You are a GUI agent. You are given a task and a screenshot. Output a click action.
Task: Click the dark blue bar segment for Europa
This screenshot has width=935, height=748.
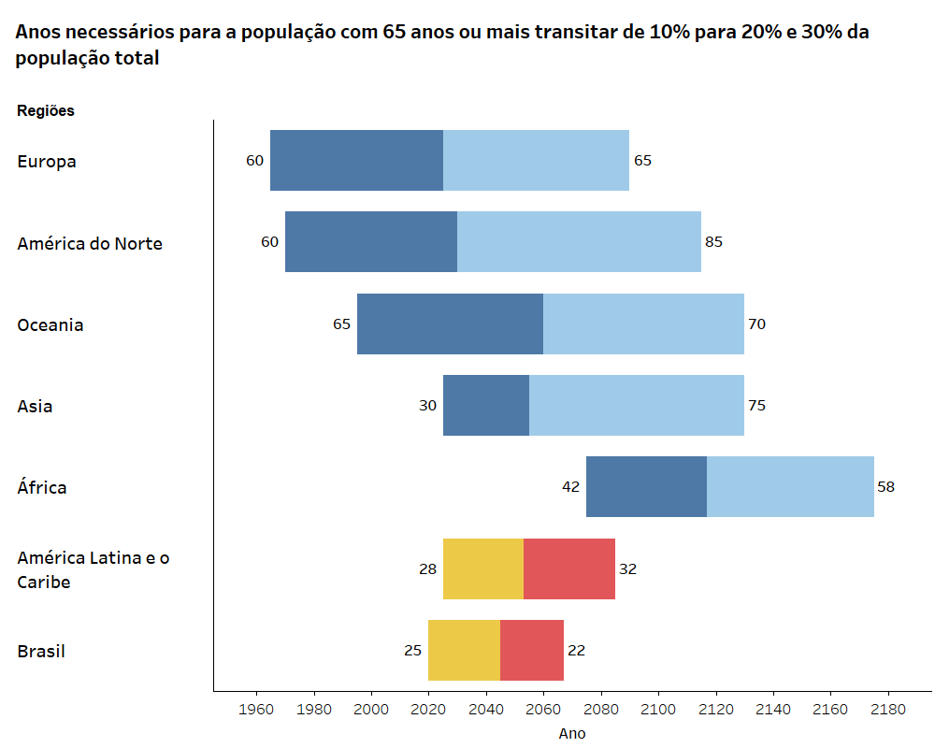coord(356,160)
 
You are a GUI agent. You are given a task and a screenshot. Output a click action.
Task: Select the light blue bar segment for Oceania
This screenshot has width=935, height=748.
coord(643,324)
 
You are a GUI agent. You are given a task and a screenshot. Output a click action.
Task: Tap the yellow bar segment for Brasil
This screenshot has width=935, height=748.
coord(464,650)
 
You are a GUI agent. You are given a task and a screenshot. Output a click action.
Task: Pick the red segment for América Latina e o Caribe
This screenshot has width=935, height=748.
coord(569,568)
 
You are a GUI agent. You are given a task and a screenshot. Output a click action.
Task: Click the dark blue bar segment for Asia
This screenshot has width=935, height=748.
coord(486,405)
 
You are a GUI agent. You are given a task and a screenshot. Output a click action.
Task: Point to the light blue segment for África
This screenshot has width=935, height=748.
coord(790,486)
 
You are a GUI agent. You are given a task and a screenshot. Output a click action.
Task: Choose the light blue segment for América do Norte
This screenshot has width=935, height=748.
coord(579,241)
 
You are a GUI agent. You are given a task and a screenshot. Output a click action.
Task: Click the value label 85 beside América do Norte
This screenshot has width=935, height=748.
coord(714,242)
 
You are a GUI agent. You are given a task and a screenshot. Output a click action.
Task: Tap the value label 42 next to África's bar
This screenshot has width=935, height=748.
coord(571,487)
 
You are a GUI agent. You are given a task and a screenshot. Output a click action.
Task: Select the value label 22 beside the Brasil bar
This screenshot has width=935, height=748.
coord(576,650)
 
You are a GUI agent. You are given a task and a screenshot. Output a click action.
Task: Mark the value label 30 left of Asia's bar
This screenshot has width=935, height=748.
coord(428,406)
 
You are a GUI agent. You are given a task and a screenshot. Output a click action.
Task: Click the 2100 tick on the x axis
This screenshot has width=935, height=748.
coord(658,710)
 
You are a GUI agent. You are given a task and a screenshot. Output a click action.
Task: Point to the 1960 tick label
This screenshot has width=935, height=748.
coord(257,710)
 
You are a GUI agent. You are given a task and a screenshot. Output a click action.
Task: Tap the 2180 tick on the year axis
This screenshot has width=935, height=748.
coord(888,710)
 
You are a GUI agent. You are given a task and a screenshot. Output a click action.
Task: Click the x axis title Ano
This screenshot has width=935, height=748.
coord(572,734)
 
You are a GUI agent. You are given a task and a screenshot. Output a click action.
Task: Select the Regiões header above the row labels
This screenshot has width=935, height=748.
coord(46,110)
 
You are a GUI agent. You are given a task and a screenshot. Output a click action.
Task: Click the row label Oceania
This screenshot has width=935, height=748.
coord(50,324)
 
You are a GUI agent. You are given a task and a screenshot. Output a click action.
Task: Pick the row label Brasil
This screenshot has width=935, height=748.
coord(41,651)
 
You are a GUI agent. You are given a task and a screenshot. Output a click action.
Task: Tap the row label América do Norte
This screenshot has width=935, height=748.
coord(90,243)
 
